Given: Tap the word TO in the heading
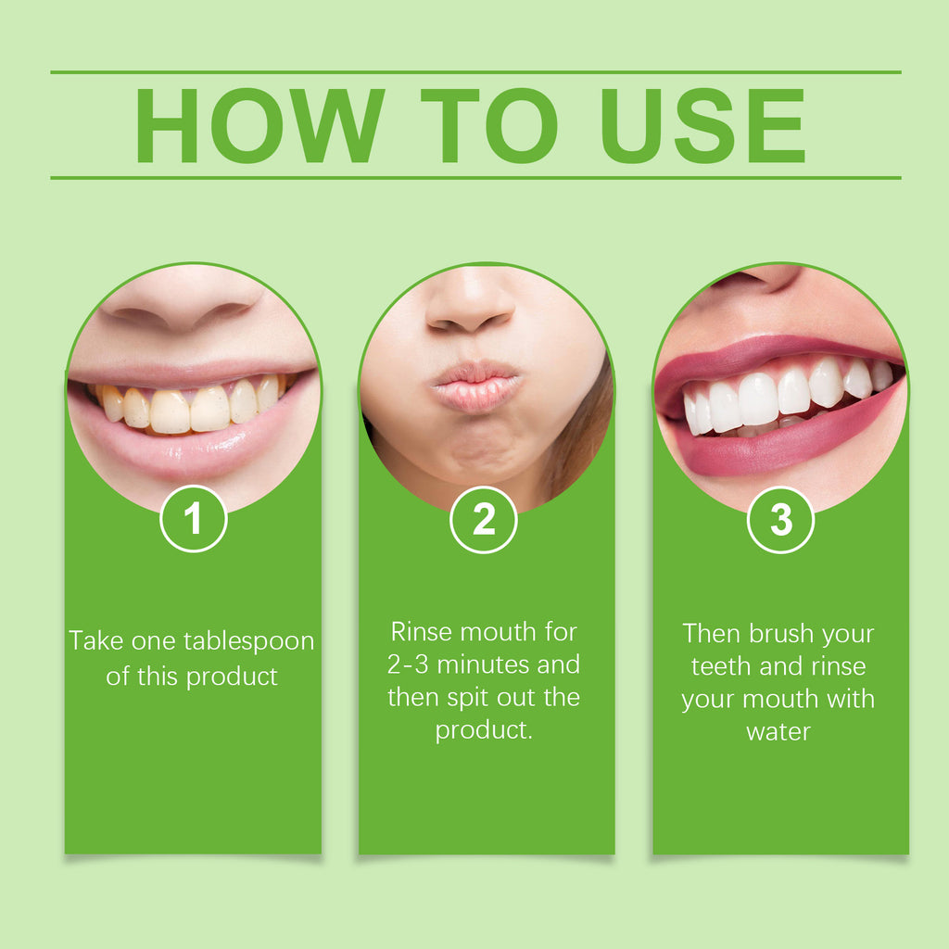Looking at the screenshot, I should coord(488,126).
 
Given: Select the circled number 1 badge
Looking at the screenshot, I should coord(193,520).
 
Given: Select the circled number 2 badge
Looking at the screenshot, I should coord(484,520).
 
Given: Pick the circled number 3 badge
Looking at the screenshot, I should coord(780,520).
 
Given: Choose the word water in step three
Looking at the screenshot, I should coord(778,731).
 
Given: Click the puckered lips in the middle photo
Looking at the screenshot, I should coord(476,386).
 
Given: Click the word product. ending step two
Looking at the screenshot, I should coord(484,729).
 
